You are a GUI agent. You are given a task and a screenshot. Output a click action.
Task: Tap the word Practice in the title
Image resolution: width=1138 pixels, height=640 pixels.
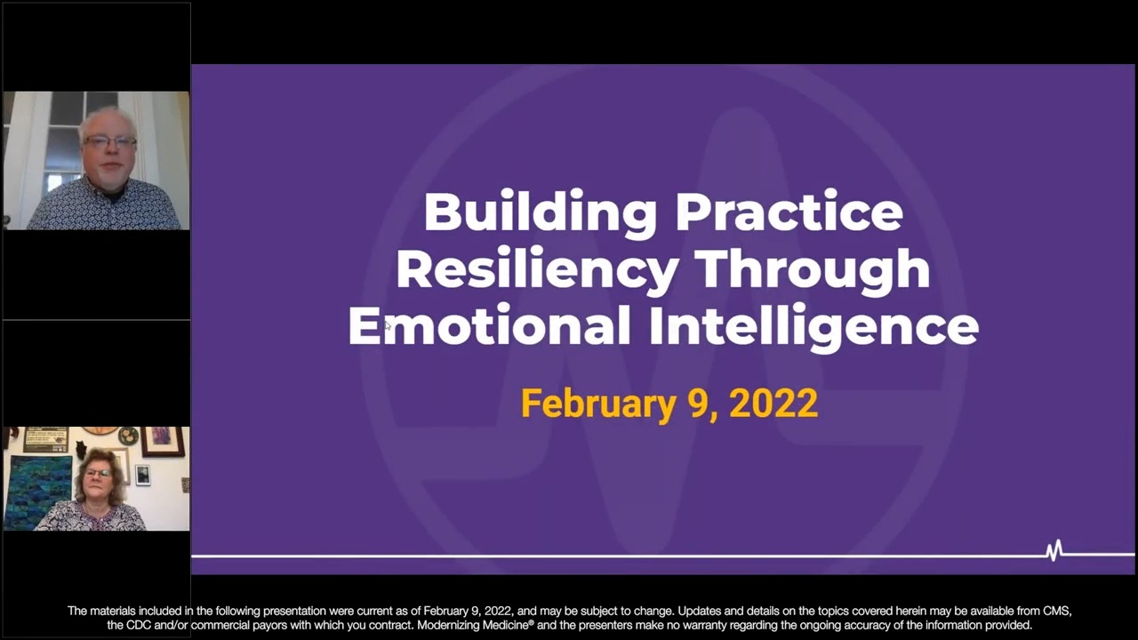(789, 212)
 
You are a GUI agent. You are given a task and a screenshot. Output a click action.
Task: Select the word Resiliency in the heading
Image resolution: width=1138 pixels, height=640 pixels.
(537, 269)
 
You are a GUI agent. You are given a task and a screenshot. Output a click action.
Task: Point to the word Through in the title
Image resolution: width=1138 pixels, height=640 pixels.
(812, 269)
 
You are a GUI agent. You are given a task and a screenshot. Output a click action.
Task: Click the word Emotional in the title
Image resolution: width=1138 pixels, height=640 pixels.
(489, 325)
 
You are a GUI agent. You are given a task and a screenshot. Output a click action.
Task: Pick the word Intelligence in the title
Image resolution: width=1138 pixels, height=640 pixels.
(813, 325)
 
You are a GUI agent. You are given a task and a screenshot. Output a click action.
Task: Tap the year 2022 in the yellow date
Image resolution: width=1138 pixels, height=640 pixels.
(773, 404)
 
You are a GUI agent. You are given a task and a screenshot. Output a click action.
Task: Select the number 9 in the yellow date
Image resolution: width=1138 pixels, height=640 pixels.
(698, 404)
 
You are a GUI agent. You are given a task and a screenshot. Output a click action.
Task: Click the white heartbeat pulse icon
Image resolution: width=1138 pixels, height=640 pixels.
(1054, 551)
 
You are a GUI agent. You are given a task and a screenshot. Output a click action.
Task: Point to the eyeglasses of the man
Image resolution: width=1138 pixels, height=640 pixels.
(109, 142)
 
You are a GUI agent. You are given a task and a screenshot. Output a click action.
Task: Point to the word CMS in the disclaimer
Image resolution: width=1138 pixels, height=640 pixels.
(1057, 611)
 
